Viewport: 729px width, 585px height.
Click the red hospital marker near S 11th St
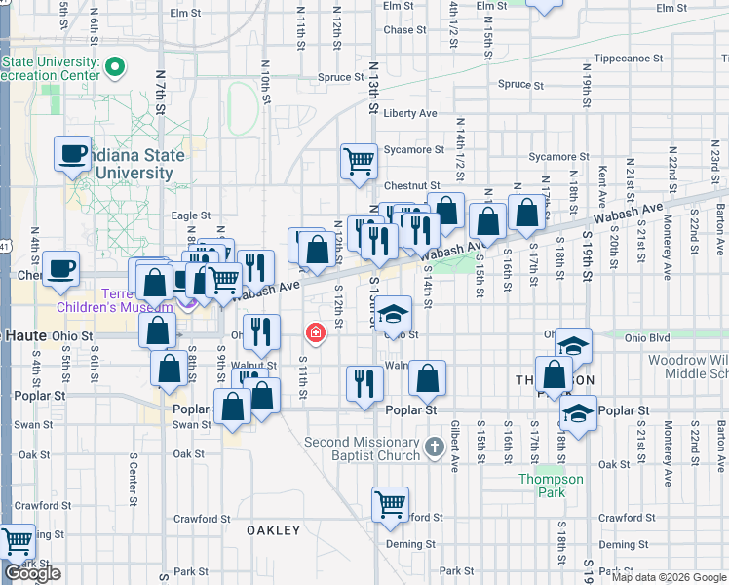click(315, 333)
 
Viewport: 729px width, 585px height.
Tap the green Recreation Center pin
click(115, 67)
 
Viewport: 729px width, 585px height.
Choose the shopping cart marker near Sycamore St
click(359, 161)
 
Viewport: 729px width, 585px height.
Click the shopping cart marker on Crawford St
click(390, 504)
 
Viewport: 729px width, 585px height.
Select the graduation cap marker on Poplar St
click(578, 412)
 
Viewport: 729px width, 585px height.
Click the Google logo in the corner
click(32, 573)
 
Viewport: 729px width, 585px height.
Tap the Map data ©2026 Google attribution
click(669, 577)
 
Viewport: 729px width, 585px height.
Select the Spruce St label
click(340, 77)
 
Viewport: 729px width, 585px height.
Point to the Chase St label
click(400, 30)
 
